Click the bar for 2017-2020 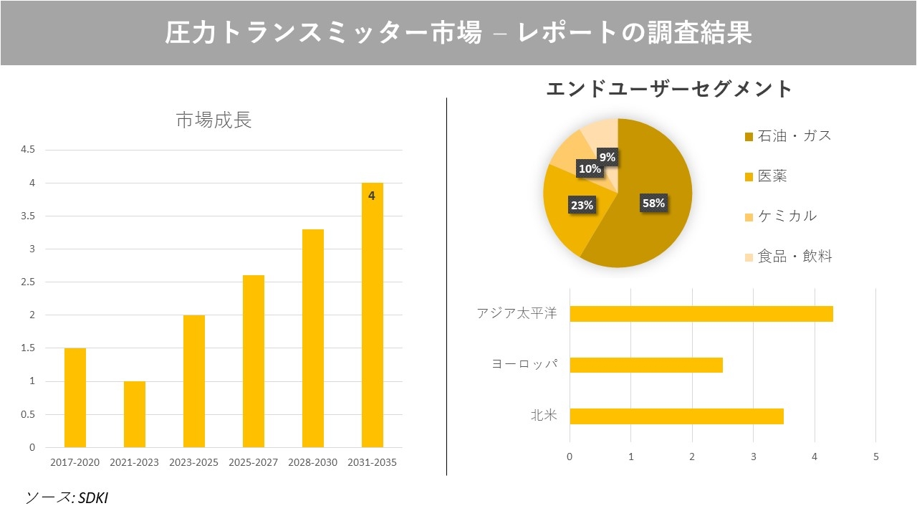(x=75, y=398)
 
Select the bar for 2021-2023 (x=135, y=414)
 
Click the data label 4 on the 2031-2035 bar (x=371, y=195)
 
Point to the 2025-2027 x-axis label (x=254, y=463)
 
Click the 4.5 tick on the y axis (x=28, y=150)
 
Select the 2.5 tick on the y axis (x=28, y=282)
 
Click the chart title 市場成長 (x=213, y=120)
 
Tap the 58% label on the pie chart (x=653, y=203)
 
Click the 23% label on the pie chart (x=582, y=205)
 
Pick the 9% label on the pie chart (x=607, y=157)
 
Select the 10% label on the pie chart (x=590, y=169)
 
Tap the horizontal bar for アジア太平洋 (x=701, y=314)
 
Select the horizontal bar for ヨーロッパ (x=645, y=365)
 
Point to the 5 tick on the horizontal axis (x=875, y=457)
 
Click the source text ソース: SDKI (x=67, y=497)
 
